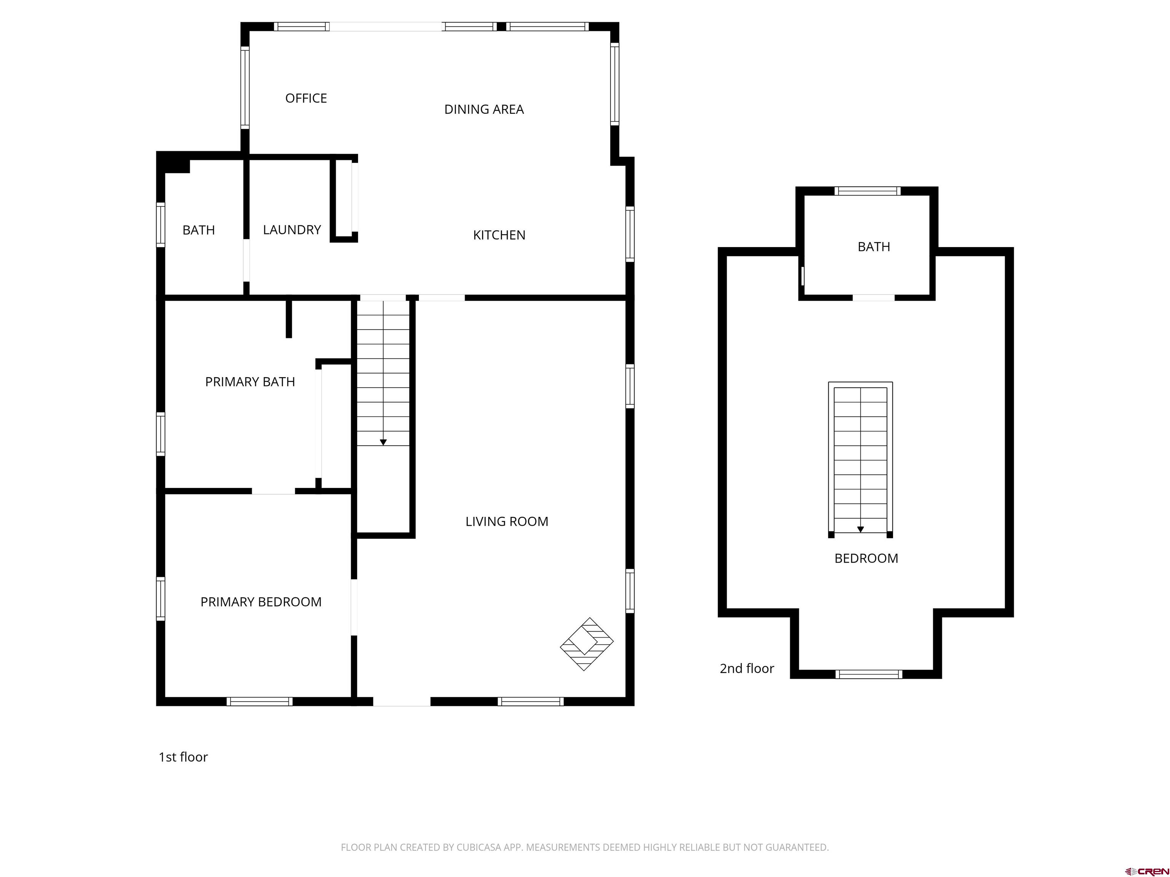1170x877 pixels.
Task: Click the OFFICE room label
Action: click(306, 98)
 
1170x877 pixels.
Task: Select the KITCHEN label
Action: click(499, 235)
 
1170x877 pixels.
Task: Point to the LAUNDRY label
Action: click(292, 230)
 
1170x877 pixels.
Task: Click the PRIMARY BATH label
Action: click(250, 382)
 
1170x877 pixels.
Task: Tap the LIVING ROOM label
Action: click(506, 522)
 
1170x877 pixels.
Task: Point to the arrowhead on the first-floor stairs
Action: click(383, 442)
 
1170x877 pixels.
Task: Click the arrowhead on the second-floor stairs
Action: click(860, 529)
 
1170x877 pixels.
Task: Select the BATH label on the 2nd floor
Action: click(873, 247)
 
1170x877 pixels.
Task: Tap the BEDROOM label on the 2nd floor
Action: click(866, 558)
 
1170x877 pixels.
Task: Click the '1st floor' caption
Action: click(183, 757)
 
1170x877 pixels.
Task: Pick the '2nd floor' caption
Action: click(746, 669)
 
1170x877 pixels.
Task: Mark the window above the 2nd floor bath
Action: click(867, 191)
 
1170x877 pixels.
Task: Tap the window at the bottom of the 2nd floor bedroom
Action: click(868, 674)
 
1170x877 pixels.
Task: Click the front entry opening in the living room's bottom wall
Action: click(401, 702)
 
